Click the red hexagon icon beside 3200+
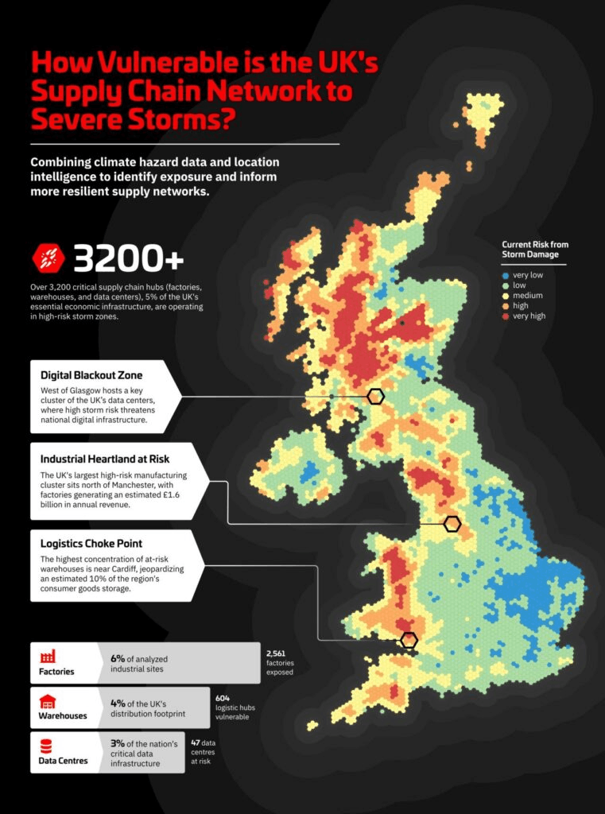point(46,258)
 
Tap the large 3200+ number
point(128,258)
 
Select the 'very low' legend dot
point(506,274)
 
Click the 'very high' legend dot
point(506,316)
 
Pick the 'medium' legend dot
point(506,295)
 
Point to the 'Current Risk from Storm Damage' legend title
point(535,249)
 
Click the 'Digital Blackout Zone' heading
point(91,374)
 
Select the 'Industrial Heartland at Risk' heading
point(105,459)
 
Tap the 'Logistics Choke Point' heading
point(91,544)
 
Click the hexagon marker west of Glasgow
point(376,396)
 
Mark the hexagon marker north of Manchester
point(452,523)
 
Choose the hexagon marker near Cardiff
point(409,640)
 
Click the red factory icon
point(47,657)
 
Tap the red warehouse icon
point(47,702)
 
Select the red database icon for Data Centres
point(47,746)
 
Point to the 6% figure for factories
point(118,658)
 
